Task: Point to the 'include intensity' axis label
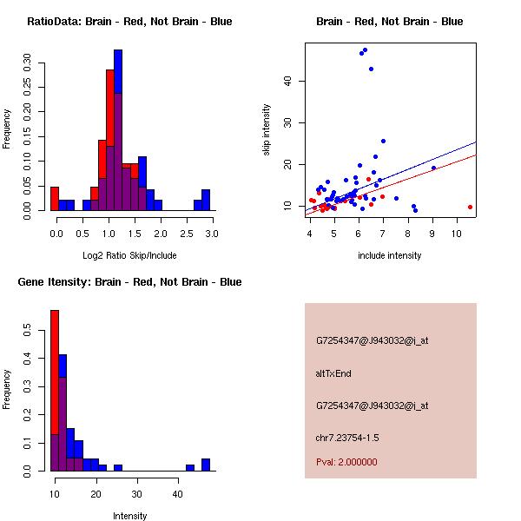[x=389, y=255]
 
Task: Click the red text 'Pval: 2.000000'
[x=346, y=462]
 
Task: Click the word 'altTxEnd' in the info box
[x=333, y=373]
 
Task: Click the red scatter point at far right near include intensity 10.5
[x=470, y=207]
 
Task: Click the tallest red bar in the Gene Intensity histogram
[x=54, y=391]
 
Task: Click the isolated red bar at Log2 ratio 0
[x=54, y=198]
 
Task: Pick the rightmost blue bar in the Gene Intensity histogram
[x=206, y=465]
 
